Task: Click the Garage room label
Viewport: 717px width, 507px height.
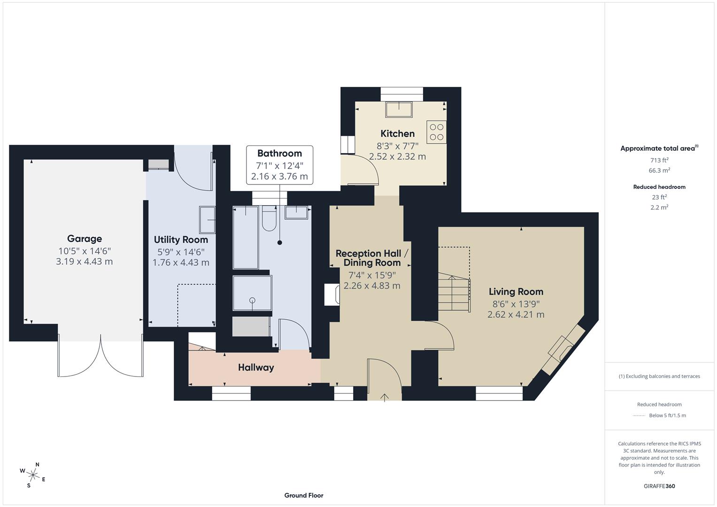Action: [85, 238]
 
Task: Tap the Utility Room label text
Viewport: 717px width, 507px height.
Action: [181, 240]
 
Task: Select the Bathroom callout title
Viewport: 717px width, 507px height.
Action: [279, 154]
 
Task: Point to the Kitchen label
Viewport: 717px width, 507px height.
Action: [397, 134]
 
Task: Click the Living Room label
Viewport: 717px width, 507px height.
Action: [516, 292]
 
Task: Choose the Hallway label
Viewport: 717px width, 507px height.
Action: [255, 368]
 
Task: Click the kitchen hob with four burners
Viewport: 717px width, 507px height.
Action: [436, 132]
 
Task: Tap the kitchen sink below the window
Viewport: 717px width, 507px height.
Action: [399, 109]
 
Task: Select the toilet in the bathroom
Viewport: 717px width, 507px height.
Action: [269, 219]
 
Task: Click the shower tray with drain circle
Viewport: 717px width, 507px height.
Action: [252, 293]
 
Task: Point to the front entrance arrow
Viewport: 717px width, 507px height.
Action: [385, 397]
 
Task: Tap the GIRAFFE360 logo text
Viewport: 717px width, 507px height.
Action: [659, 486]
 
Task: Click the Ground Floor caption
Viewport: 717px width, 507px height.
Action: [304, 495]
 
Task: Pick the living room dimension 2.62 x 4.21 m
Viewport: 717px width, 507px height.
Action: [516, 315]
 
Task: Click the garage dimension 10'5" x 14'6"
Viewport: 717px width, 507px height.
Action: [85, 251]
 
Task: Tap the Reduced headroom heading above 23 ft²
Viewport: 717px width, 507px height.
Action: [659, 187]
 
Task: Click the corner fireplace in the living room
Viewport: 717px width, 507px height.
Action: [563, 349]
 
